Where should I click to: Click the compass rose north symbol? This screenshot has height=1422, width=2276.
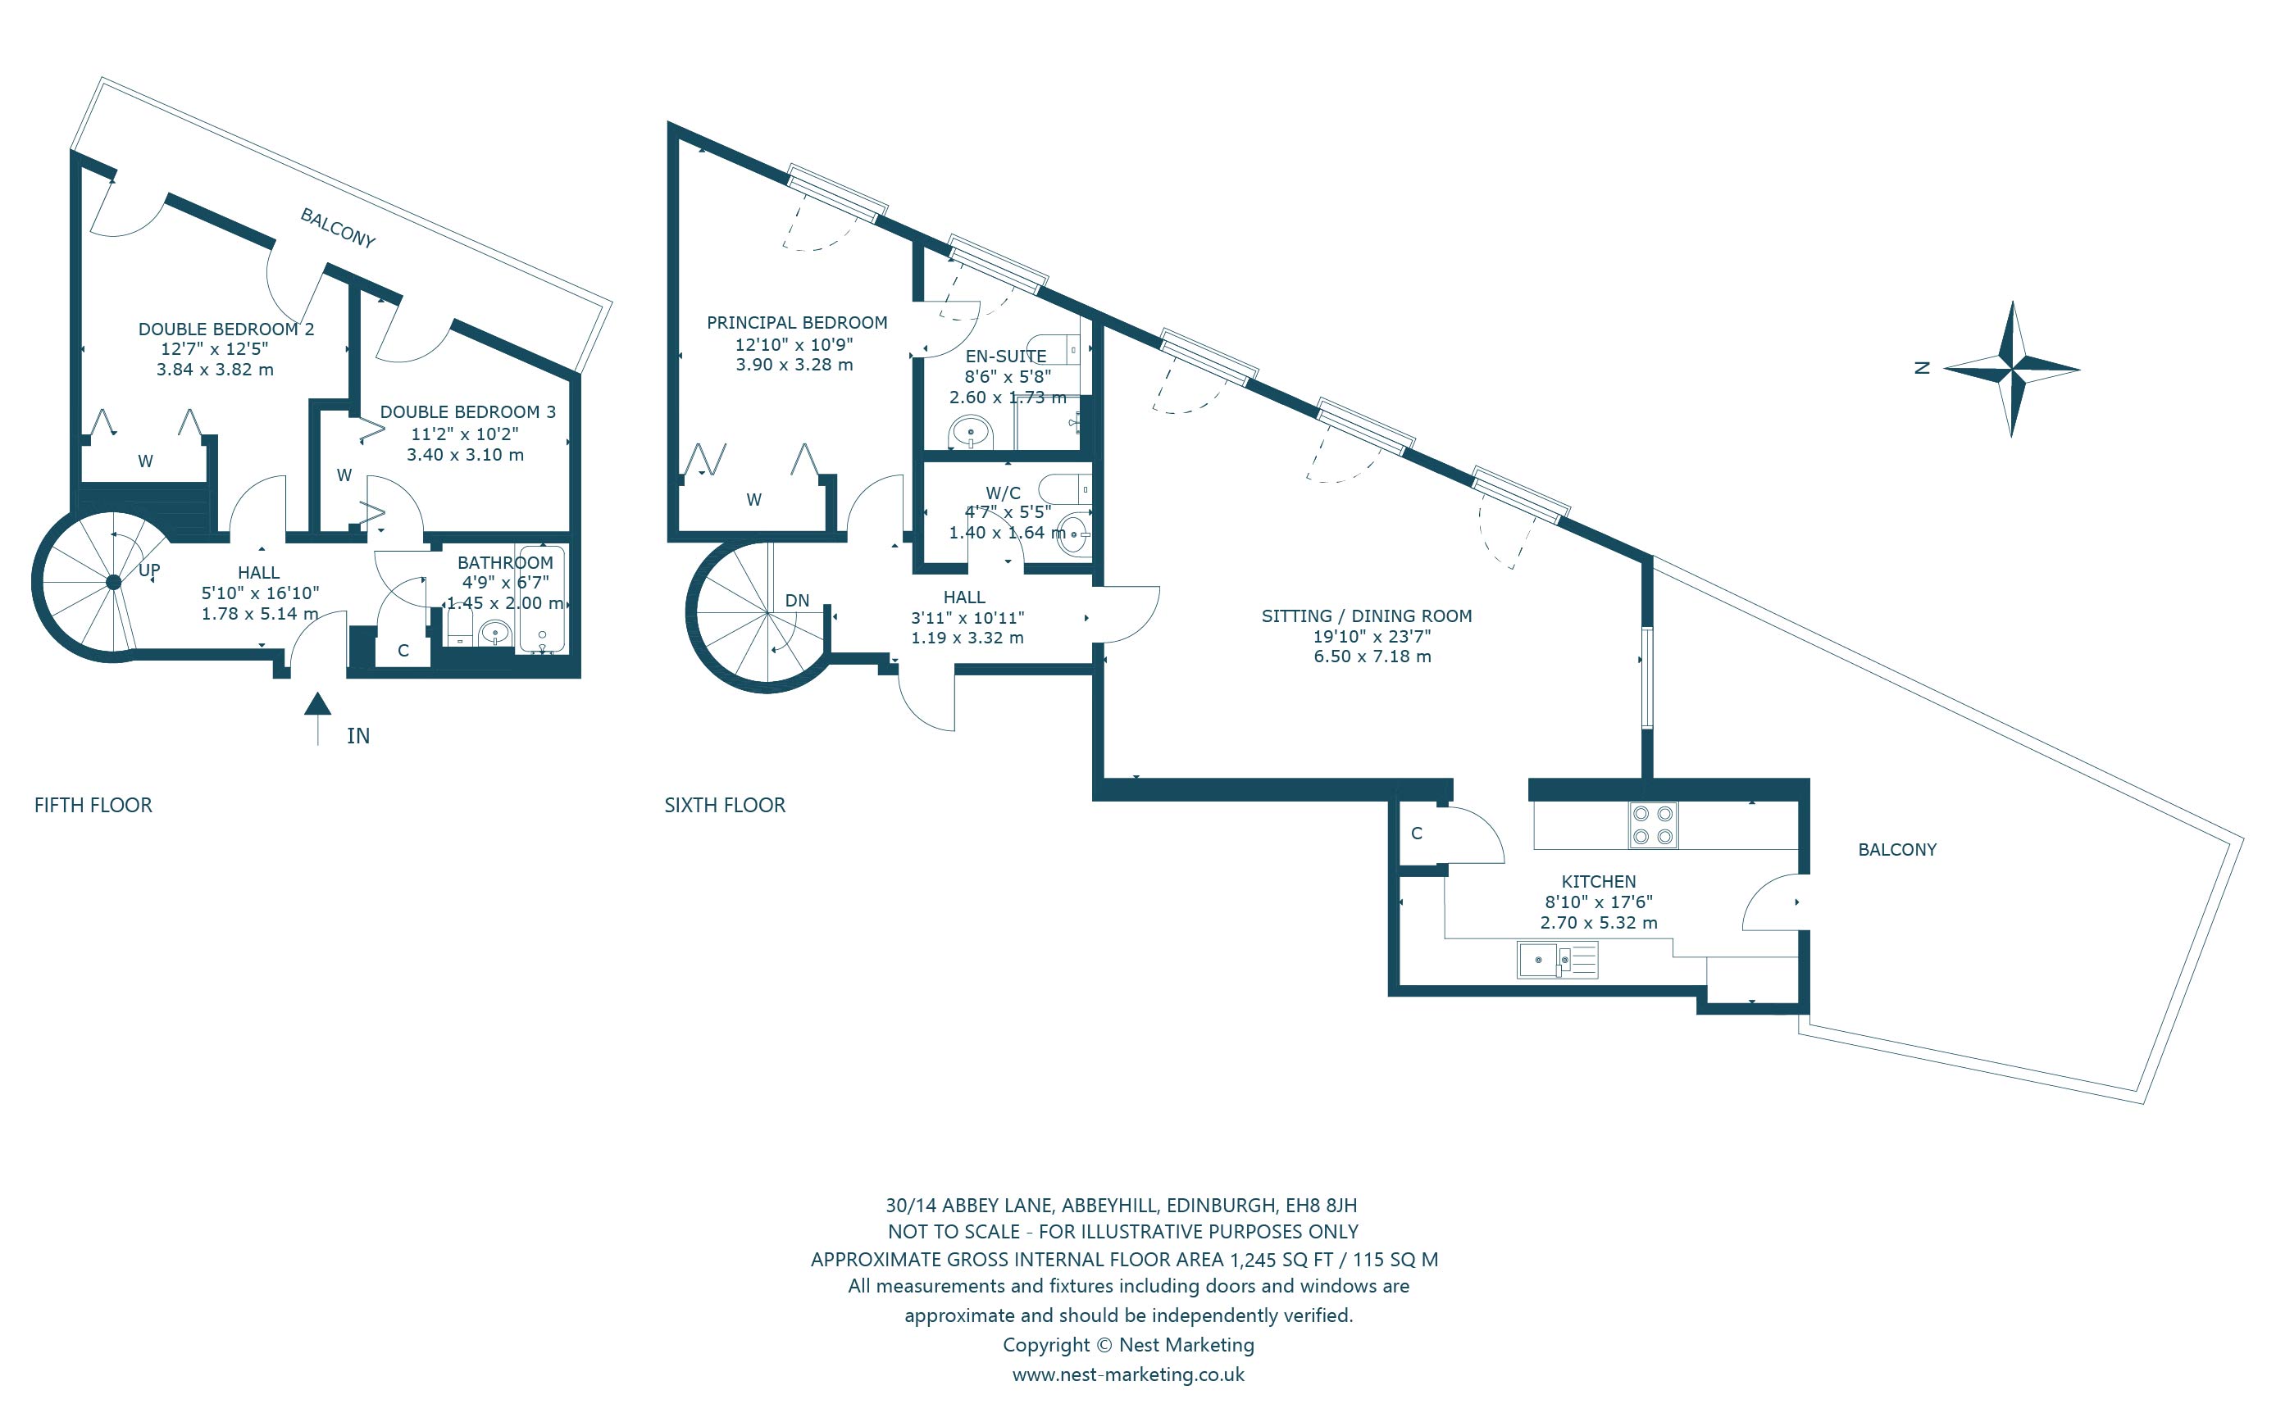coord(2012,369)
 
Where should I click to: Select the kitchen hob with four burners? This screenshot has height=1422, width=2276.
coord(1652,825)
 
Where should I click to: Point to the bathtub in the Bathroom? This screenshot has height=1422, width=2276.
coord(542,598)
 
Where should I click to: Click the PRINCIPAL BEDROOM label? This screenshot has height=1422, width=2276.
coord(797,323)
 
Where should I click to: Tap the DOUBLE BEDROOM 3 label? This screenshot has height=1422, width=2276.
coord(467,412)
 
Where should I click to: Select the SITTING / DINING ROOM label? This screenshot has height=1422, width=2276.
coord(1367,616)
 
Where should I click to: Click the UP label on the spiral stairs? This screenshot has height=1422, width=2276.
coord(149,570)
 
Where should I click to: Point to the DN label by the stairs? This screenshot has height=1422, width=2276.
coord(797,600)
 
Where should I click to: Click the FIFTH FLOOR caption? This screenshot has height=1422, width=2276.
coord(93,805)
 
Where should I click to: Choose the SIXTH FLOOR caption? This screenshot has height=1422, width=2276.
coord(724,805)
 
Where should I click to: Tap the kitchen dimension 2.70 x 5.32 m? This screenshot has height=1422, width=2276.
coord(1599,923)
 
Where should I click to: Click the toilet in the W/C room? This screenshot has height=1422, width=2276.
coord(1065,489)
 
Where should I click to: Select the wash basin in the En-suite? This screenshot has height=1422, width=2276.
coord(971,434)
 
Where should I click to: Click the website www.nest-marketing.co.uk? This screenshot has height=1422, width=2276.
coord(1127,1374)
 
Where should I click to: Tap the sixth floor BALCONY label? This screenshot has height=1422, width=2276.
coord(1897,849)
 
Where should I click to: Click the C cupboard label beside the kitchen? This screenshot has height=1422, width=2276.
coord(1417,834)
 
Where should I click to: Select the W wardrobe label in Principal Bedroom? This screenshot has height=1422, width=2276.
coord(753,499)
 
